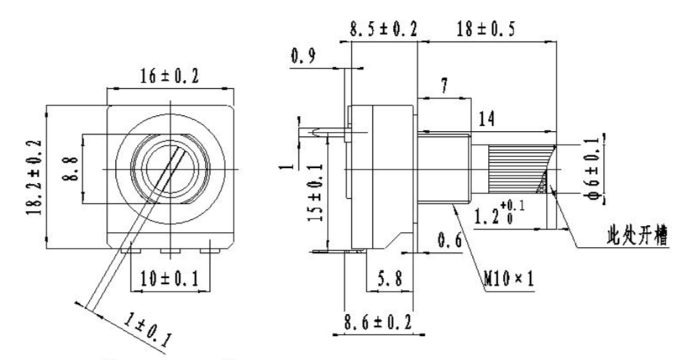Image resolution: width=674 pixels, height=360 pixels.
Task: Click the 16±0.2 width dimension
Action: [169, 77]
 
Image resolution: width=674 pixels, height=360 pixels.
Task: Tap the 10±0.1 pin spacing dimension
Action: [170, 279]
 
